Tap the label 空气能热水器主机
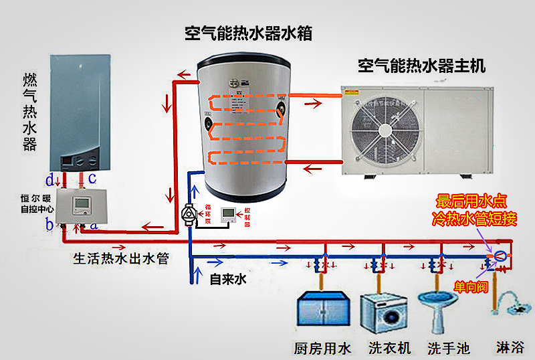point(421,66)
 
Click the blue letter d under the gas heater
point(49,179)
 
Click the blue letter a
point(94,226)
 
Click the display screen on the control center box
point(80,203)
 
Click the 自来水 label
point(228,279)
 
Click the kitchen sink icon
point(323,309)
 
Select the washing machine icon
point(382,312)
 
